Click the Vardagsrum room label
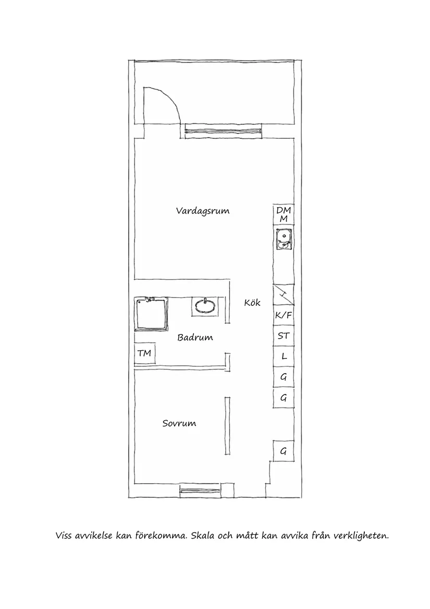point(203,211)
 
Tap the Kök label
point(252,303)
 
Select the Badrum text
point(195,338)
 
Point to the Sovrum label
point(179,423)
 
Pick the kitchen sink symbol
point(284,239)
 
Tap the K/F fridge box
point(284,316)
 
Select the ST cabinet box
point(284,336)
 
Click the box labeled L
point(284,357)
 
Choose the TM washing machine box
point(144,354)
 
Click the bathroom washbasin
point(205,305)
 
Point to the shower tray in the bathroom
point(151,314)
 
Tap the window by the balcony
point(223,132)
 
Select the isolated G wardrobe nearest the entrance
point(284,451)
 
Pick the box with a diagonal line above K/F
point(284,295)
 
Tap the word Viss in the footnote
point(64,536)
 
